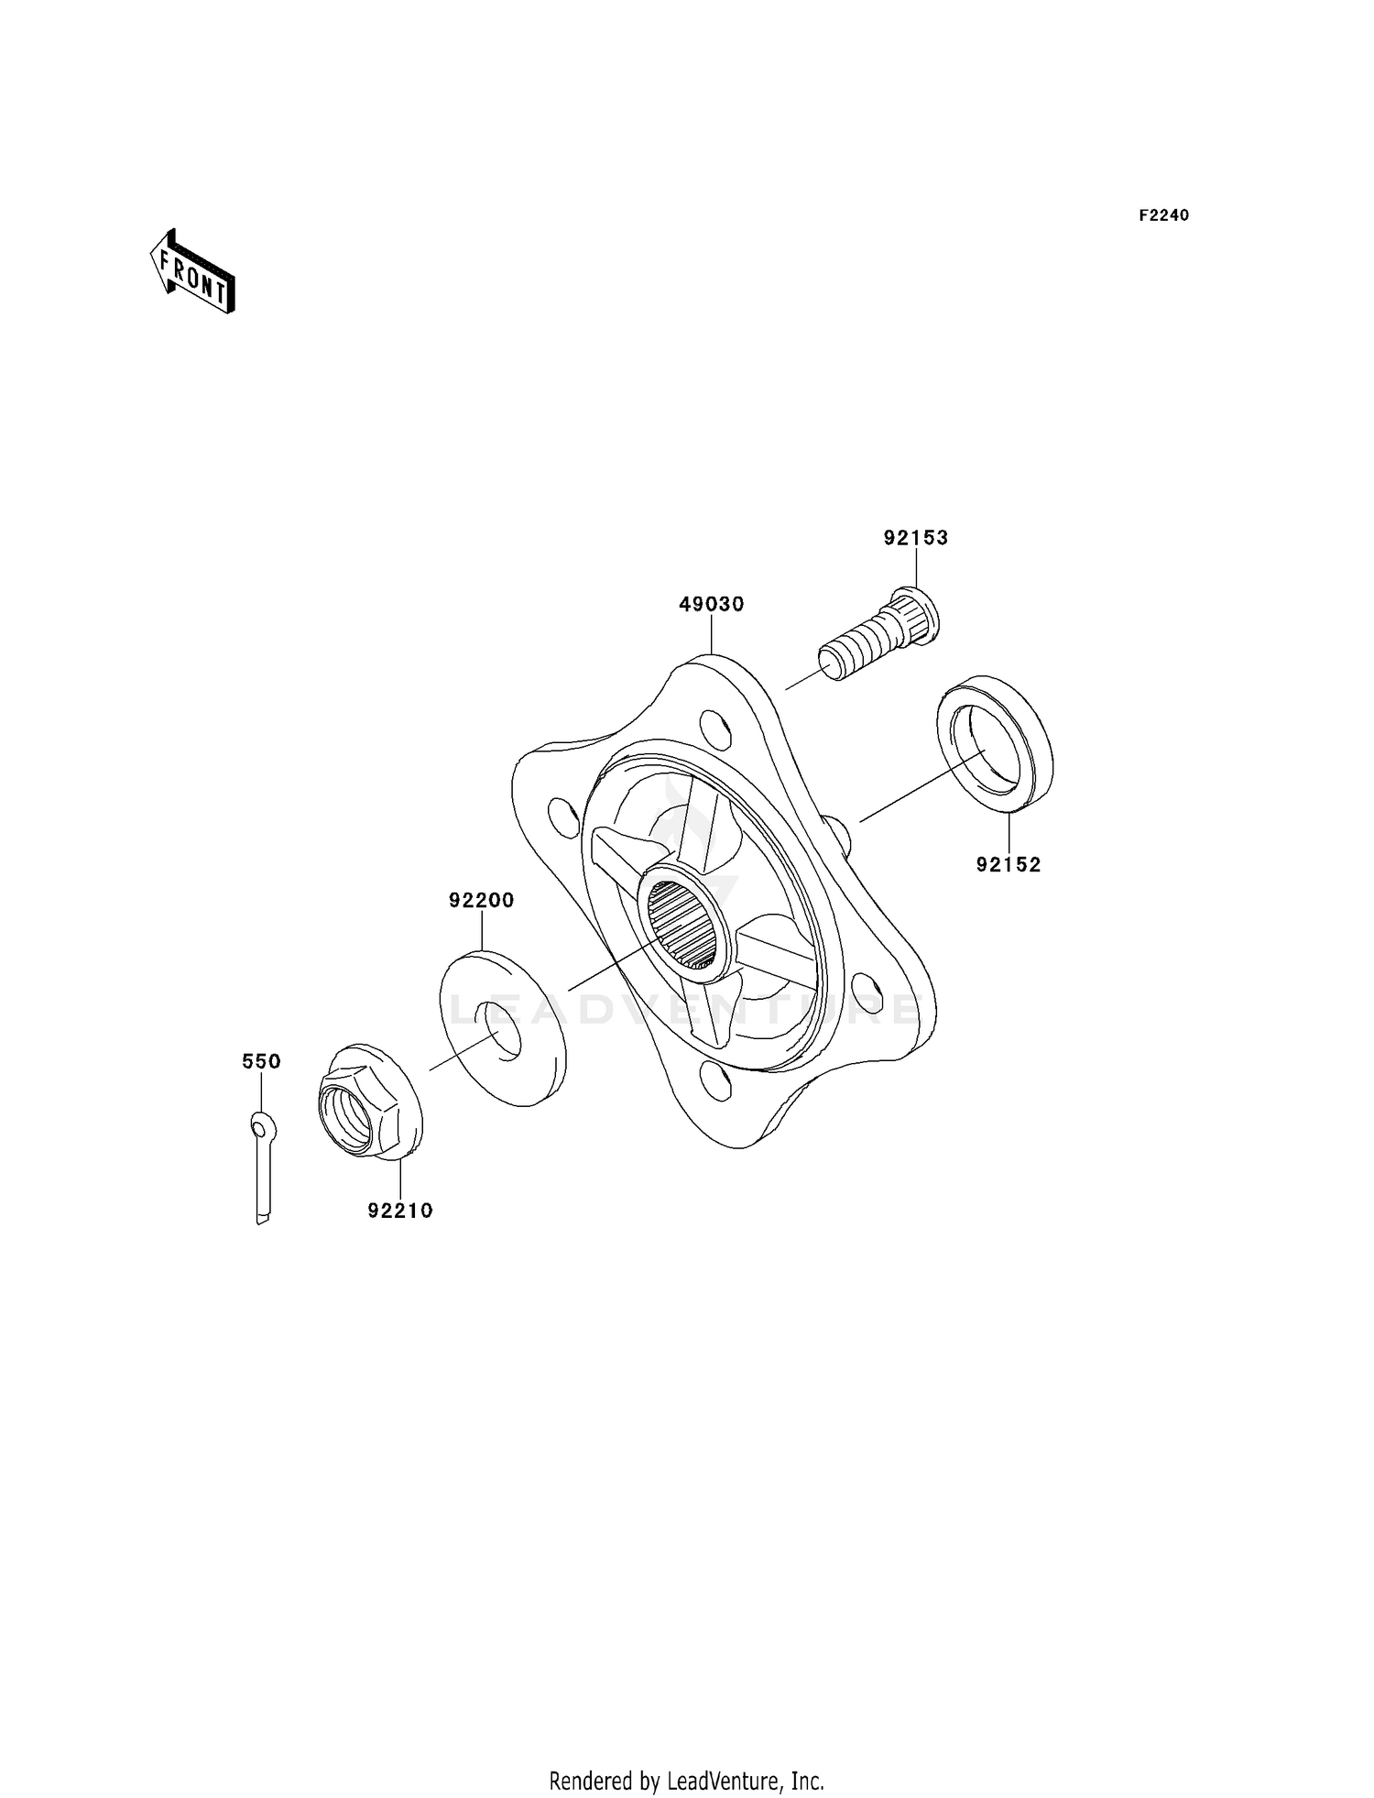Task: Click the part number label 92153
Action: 915,538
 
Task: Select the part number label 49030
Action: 712,605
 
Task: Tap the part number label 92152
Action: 1009,864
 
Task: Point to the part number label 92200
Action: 481,901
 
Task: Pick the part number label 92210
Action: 400,1211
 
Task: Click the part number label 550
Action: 261,1061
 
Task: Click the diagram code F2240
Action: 1163,215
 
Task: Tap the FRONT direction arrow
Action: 192,272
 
